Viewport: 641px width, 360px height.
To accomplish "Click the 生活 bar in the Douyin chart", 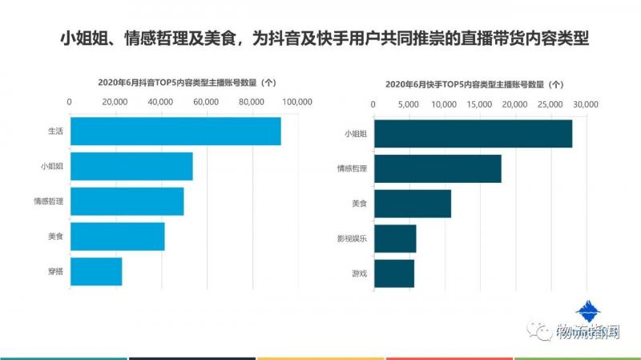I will [x=175, y=131].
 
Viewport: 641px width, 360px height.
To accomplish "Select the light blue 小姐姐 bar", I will [x=131, y=167].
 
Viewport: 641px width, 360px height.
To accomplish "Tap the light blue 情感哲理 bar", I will [x=127, y=201].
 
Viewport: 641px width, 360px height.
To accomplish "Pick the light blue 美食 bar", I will [x=117, y=237].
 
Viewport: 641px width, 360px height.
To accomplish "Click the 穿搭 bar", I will [x=96, y=272].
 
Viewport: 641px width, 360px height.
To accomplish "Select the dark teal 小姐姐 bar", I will [x=473, y=134].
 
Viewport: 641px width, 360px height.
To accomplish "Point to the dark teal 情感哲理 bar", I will [x=437, y=168].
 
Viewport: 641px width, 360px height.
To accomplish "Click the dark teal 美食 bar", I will [x=413, y=204].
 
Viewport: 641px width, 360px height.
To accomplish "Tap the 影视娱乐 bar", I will [x=395, y=238].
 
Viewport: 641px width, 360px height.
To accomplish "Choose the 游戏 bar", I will [x=394, y=273].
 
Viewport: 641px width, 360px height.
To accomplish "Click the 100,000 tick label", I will [x=297, y=102].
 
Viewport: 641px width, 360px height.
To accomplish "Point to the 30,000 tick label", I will [x=586, y=105].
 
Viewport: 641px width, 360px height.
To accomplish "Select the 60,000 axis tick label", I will [x=206, y=102].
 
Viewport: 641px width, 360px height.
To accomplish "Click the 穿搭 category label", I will [x=55, y=272].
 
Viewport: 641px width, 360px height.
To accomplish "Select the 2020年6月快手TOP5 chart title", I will [x=474, y=84].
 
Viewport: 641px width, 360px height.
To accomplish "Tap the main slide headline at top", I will [x=320, y=38].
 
